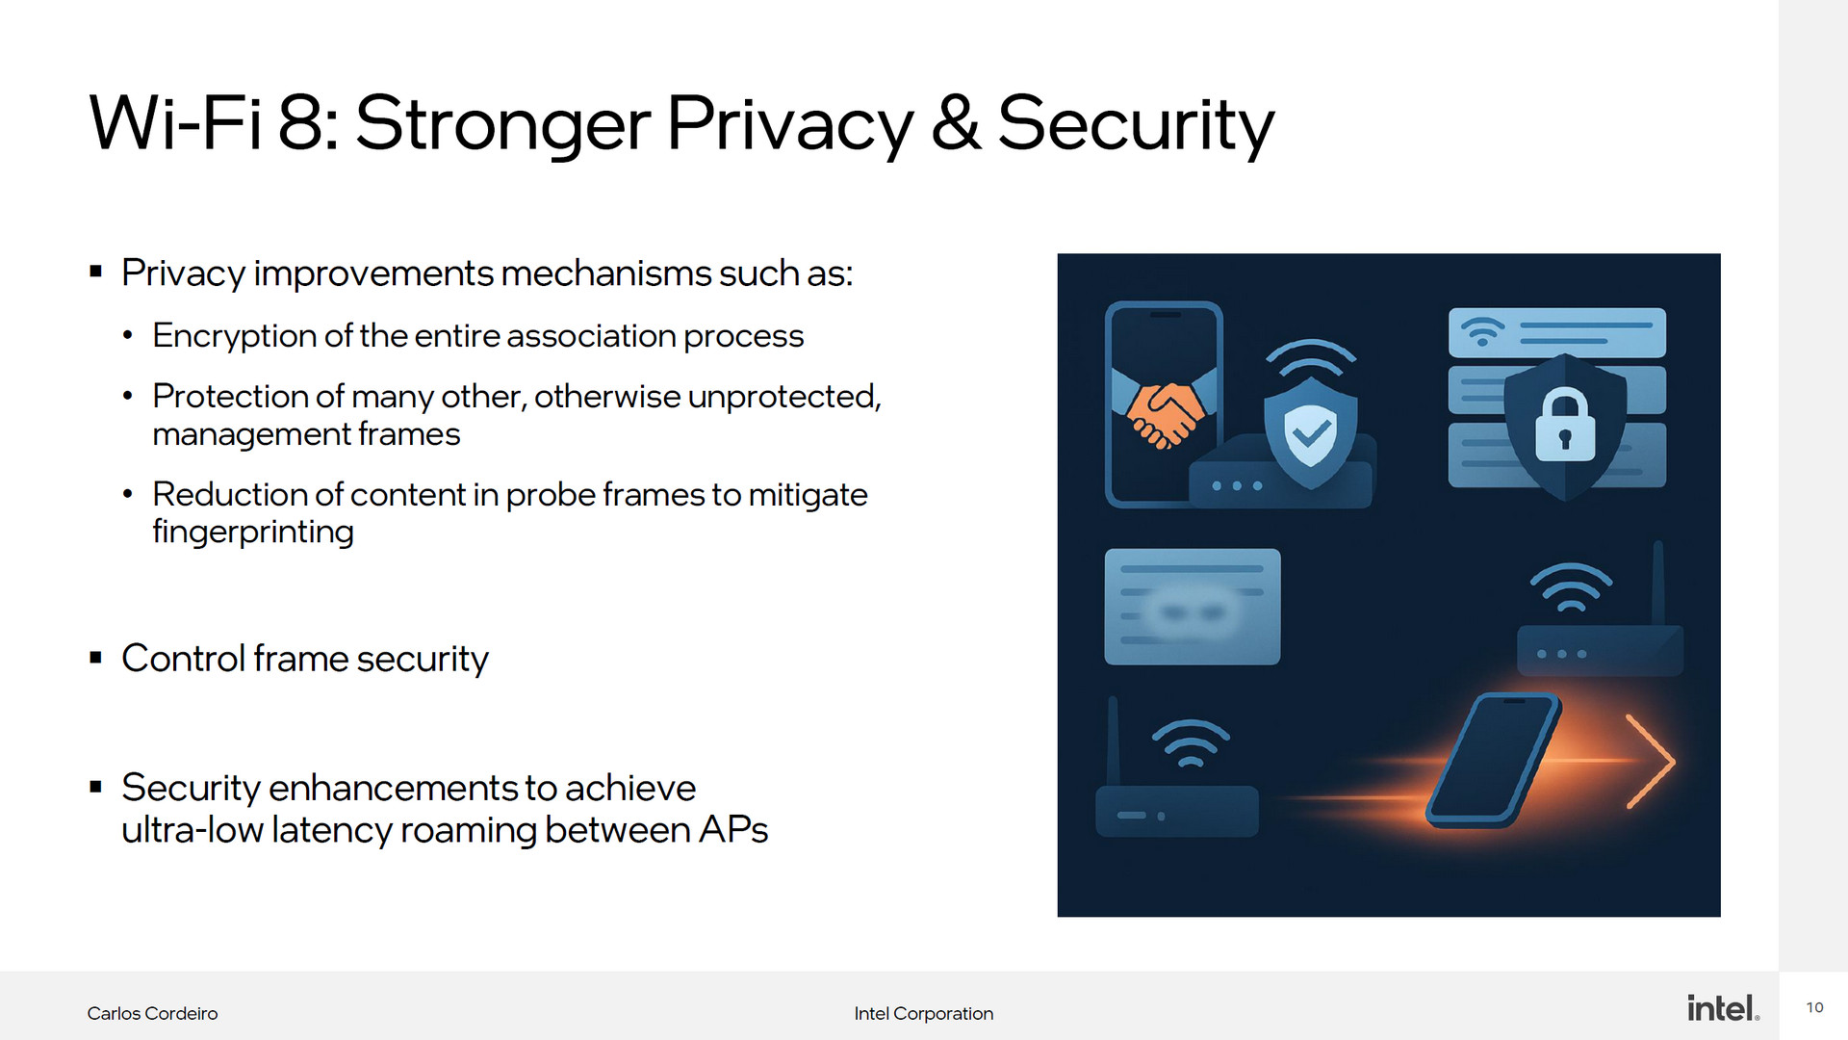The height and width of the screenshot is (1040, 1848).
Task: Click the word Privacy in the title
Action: tap(789, 125)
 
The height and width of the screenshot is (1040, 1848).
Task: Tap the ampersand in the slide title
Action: tap(956, 122)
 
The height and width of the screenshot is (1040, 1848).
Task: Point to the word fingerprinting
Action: tap(253, 532)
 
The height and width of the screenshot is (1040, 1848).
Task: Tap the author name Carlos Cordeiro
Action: tap(152, 1013)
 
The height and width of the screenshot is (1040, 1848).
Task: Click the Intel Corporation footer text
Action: tap(924, 1013)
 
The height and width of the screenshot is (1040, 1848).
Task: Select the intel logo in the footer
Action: tap(1723, 1007)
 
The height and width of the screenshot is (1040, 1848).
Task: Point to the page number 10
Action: tap(1814, 1007)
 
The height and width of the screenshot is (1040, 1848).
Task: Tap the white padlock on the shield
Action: tap(1564, 425)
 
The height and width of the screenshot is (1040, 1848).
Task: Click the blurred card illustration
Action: tap(1192, 607)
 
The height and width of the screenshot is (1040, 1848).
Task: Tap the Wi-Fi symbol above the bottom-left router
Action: tap(1191, 743)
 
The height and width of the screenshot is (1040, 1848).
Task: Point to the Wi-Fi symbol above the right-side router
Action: tap(1571, 587)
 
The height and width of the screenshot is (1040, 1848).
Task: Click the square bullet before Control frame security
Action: tap(95, 658)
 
